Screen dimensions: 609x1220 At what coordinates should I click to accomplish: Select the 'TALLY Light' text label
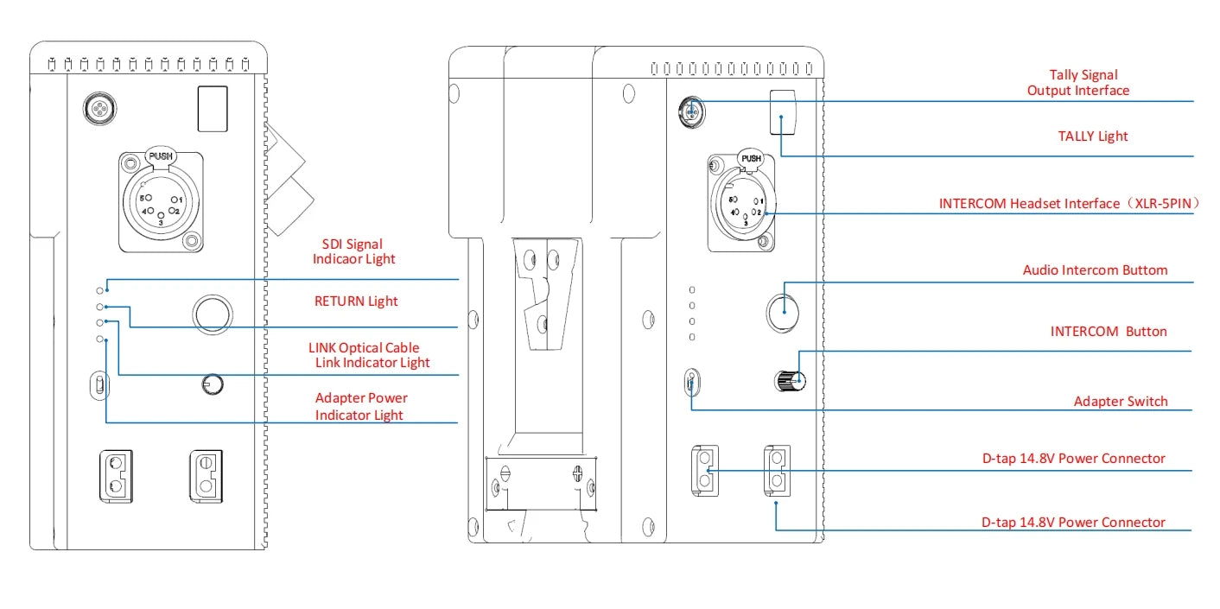coord(1092,136)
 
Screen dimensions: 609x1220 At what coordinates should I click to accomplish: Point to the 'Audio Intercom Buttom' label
coord(1095,270)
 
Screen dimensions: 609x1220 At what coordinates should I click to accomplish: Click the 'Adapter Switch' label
coord(1120,401)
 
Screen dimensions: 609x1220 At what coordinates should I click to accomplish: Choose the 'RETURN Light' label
coord(355,301)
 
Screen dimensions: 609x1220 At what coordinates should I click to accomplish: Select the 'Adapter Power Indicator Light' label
coord(360,406)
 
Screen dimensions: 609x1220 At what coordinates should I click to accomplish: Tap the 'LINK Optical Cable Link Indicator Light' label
coord(369,355)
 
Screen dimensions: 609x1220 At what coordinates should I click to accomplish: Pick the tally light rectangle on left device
coord(213,109)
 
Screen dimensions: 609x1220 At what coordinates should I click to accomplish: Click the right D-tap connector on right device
coord(777,470)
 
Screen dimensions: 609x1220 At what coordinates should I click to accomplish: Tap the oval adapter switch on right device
coord(691,383)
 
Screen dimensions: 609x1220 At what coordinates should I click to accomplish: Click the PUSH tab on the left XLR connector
coord(161,157)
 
